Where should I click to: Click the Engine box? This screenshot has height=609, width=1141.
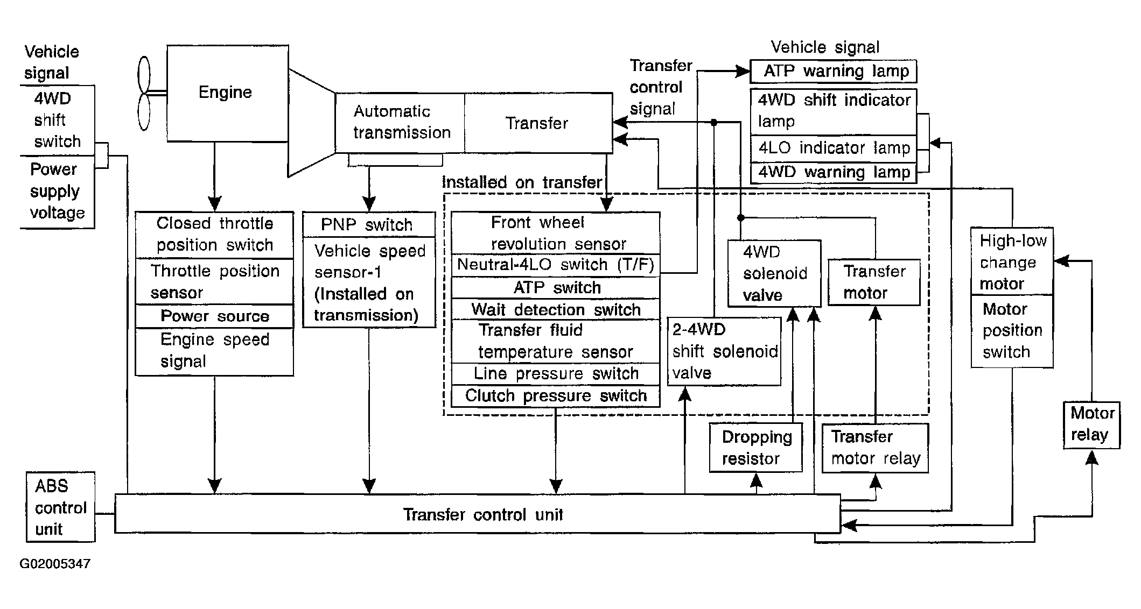click(x=227, y=94)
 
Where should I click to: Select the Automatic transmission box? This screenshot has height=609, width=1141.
click(x=400, y=123)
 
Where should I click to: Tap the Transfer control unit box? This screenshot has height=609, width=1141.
click(x=478, y=514)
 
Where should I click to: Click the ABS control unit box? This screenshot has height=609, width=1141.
click(x=60, y=507)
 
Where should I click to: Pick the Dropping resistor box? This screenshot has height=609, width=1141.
click(x=756, y=448)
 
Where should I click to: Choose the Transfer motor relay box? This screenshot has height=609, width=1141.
click(x=875, y=448)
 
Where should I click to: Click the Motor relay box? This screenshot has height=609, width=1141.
click(x=1091, y=425)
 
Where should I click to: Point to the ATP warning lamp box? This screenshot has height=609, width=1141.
click(x=833, y=71)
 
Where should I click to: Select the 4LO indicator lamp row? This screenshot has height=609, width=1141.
click(x=834, y=148)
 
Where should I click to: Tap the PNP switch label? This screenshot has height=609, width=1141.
click(x=367, y=224)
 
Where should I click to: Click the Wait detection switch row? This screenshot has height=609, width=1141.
click(x=555, y=309)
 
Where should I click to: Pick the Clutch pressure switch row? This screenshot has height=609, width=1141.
click(x=555, y=396)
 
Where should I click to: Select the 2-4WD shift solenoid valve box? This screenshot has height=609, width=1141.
click(x=724, y=351)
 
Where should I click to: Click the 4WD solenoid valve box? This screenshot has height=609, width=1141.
click(x=774, y=273)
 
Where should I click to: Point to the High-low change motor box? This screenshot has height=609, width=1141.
click(x=1012, y=261)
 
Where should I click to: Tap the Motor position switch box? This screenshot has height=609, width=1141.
click(x=1012, y=331)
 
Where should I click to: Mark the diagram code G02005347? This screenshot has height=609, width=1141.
click(x=55, y=564)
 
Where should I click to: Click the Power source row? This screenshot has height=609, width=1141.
click(x=214, y=316)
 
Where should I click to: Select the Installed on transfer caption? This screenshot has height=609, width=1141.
click(x=522, y=182)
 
